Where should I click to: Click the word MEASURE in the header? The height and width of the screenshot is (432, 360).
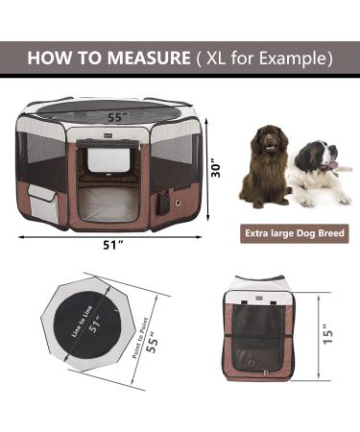click(149, 58)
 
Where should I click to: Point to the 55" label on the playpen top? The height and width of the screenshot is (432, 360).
click(115, 117)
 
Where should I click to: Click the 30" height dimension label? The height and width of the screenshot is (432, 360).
click(217, 170)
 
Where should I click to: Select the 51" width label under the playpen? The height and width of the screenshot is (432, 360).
click(113, 245)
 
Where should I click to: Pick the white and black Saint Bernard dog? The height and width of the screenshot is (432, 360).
click(322, 173)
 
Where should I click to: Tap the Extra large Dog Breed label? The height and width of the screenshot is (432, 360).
click(295, 233)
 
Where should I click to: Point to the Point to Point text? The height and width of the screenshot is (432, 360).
click(140, 338)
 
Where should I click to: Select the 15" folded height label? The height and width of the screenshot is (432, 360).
click(328, 334)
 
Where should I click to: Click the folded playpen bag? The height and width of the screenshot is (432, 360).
click(258, 328)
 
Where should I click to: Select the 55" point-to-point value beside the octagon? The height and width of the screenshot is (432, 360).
click(153, 342)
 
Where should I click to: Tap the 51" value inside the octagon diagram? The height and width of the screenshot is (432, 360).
click(95, 324)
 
